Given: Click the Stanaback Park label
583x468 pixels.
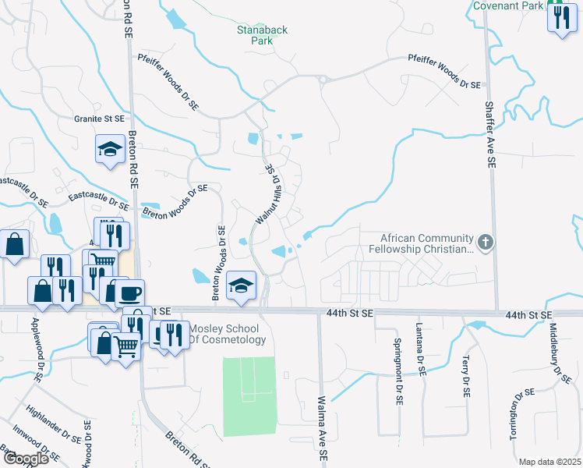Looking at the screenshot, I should click(x=263, y=36).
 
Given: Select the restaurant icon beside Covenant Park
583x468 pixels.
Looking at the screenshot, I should click(x=561, y=17).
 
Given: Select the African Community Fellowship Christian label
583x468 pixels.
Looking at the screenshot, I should click(x=426, y=243).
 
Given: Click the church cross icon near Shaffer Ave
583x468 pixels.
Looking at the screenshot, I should click(x=486, y=243).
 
